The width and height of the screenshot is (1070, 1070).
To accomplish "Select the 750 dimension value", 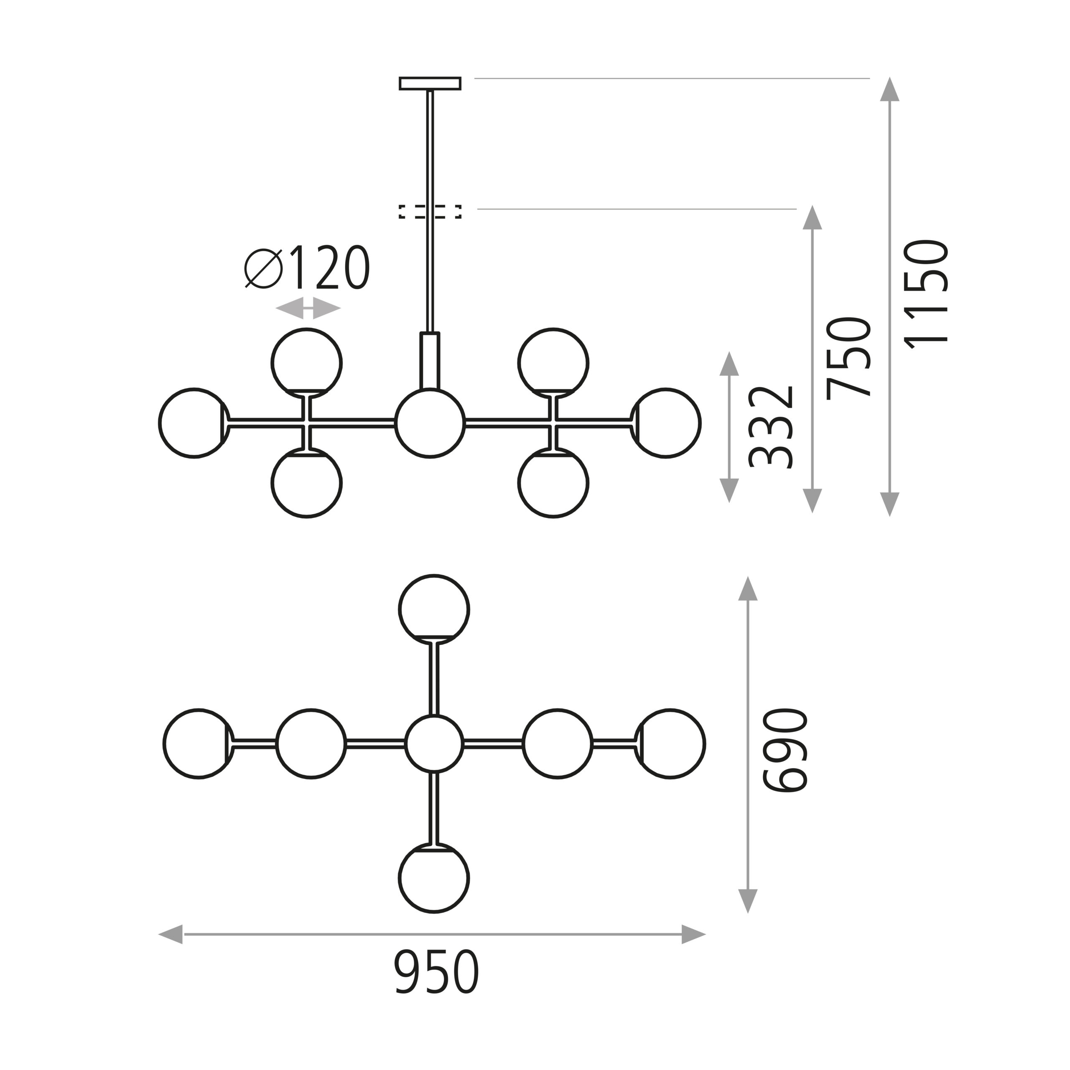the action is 848,358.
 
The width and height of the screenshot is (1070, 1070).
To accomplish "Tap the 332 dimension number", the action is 771,427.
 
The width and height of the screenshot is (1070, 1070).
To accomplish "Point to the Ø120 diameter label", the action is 307,267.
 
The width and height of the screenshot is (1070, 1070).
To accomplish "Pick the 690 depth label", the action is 785,750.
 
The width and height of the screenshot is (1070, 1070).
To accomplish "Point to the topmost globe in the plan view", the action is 434,610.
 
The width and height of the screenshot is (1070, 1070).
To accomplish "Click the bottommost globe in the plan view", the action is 434,878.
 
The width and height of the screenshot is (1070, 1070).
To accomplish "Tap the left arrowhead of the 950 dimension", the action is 171,934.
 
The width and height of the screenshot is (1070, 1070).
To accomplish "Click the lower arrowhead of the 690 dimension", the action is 748,901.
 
